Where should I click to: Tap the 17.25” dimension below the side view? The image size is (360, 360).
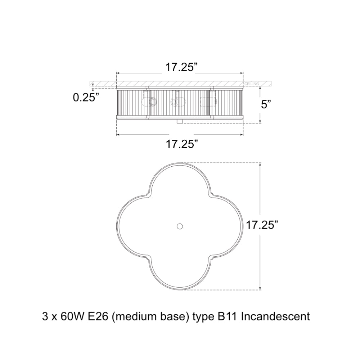(181, 144)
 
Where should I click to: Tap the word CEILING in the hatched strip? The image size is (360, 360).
(252, 84)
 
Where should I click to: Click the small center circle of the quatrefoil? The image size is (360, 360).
(180, 226)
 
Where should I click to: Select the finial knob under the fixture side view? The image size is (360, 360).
(180, 121)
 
